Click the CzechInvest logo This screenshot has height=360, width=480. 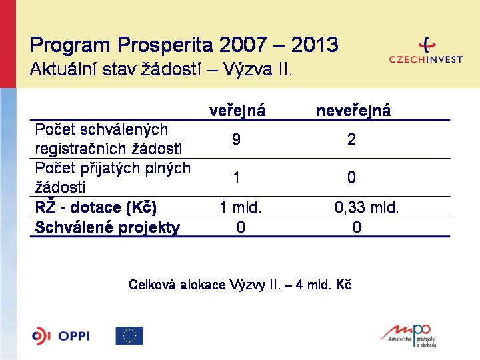426,50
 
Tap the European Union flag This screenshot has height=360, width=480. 129,336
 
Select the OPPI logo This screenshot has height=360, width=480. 61,336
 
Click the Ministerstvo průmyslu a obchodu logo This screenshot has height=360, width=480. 409,336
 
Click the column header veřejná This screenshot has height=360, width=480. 237,111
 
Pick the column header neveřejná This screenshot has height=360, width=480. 353,111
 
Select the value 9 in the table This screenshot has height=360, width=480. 236,139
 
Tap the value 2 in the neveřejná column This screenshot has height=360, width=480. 351,139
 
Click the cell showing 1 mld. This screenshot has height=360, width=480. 241,207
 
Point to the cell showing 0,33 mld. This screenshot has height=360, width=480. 367,207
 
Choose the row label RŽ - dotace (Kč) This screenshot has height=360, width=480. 96,207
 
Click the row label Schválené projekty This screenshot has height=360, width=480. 107,227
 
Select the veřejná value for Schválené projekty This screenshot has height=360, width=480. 241,227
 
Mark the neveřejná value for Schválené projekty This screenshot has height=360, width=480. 357,227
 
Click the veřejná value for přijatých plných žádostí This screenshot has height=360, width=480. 236,177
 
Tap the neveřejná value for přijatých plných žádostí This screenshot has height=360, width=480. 351,177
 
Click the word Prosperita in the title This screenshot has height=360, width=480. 165,45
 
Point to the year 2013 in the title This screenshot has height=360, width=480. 315,45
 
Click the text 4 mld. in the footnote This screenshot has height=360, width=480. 314,285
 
